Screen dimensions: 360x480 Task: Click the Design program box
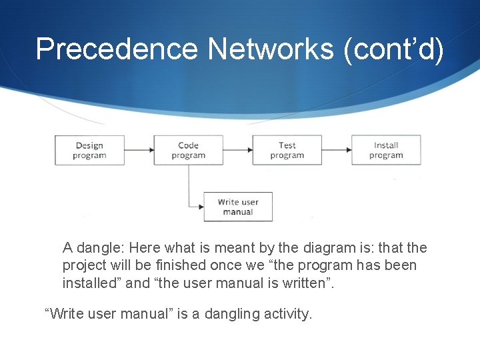[x=89, y=150]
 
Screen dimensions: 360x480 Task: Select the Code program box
[x=188, y=150]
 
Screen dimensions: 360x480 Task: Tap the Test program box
[x=287, y=150]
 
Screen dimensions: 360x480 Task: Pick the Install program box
[x=386, y=150]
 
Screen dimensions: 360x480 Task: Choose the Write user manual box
[x=238, y=207]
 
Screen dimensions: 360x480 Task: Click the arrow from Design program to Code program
[x=139, y=150]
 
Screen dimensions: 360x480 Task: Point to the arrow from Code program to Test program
[x=237, y=150]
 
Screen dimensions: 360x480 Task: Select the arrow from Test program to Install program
[x=337, y=150]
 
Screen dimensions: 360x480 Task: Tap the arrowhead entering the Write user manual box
[x=201, y=207]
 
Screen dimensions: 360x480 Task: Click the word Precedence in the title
[x=117, y=49]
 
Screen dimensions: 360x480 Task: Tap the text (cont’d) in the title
[x=393, y=49]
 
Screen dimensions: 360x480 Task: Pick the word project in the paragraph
[x=84, y=265]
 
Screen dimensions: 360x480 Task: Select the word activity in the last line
[x=287, y=313]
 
